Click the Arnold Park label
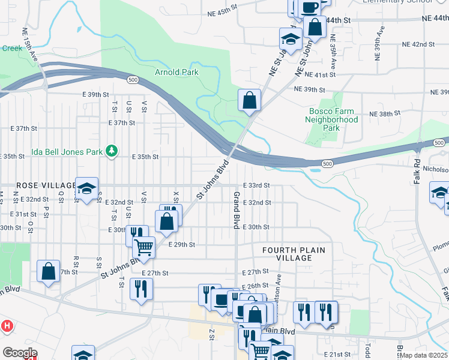coord(176,73)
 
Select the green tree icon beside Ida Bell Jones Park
coord(111,151)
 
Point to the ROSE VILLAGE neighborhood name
coord(37,185)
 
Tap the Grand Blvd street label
coord(237,210)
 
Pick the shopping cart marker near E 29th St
coord(143,246)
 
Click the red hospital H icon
coord(7,326)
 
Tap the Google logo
coord(20,353)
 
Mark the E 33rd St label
coord(256,185)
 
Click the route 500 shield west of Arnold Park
coord(133,79)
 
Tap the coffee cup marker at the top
coord(310,8)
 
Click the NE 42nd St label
coord(418,44)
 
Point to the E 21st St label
coord(337,355)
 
